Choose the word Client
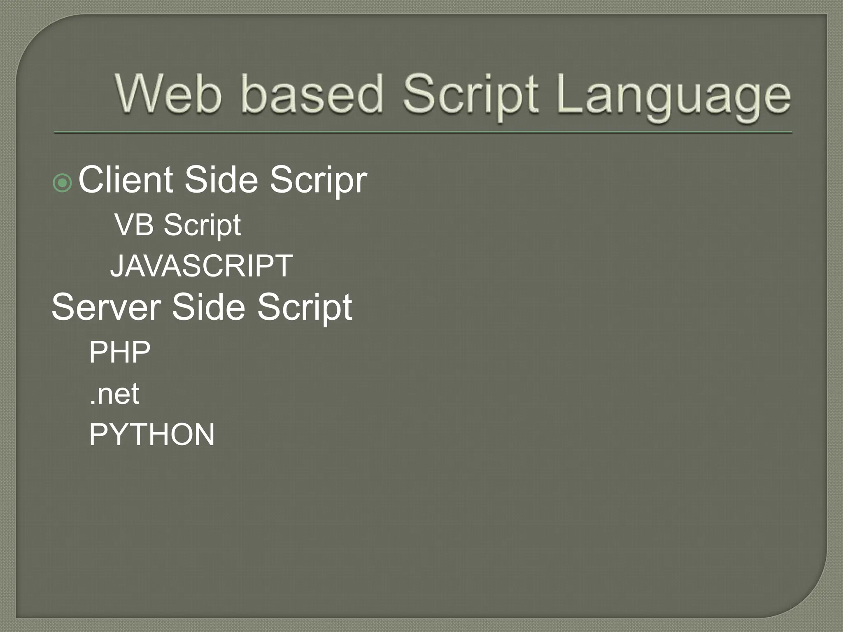tap(126, 180)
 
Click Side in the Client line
tap(221, 180)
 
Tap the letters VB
tap(134, 225)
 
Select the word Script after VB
tap(202, 226)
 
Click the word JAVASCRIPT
tap(201, 266)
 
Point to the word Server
tap(106, 307)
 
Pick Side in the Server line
tap(208, 307)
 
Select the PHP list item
tap(120, 352)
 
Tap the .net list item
tap(114, 394)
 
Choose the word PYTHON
tap(152, 434)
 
